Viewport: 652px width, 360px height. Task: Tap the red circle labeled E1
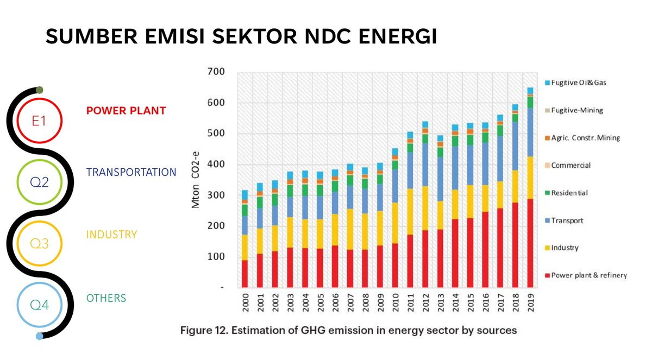pyautogui.click(x=39, y=121)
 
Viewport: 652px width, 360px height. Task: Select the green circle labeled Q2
pyautogui.click(x=39, y=182)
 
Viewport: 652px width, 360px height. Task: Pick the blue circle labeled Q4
pyautogui.click(x=39, y=306)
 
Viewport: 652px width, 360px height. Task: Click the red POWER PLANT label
pyautogui.click(x=126, y=111)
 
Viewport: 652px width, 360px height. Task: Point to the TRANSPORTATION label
pyautogui.click(x=131, y=172)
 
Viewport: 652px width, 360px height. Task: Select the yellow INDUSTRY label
pyautogui.click(x=111, y=235)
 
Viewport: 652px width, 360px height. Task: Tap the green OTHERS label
pyautogui.click(x=106, y=298)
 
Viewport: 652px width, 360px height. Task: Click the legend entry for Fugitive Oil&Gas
pyautogui.click(x=578, y=83)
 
